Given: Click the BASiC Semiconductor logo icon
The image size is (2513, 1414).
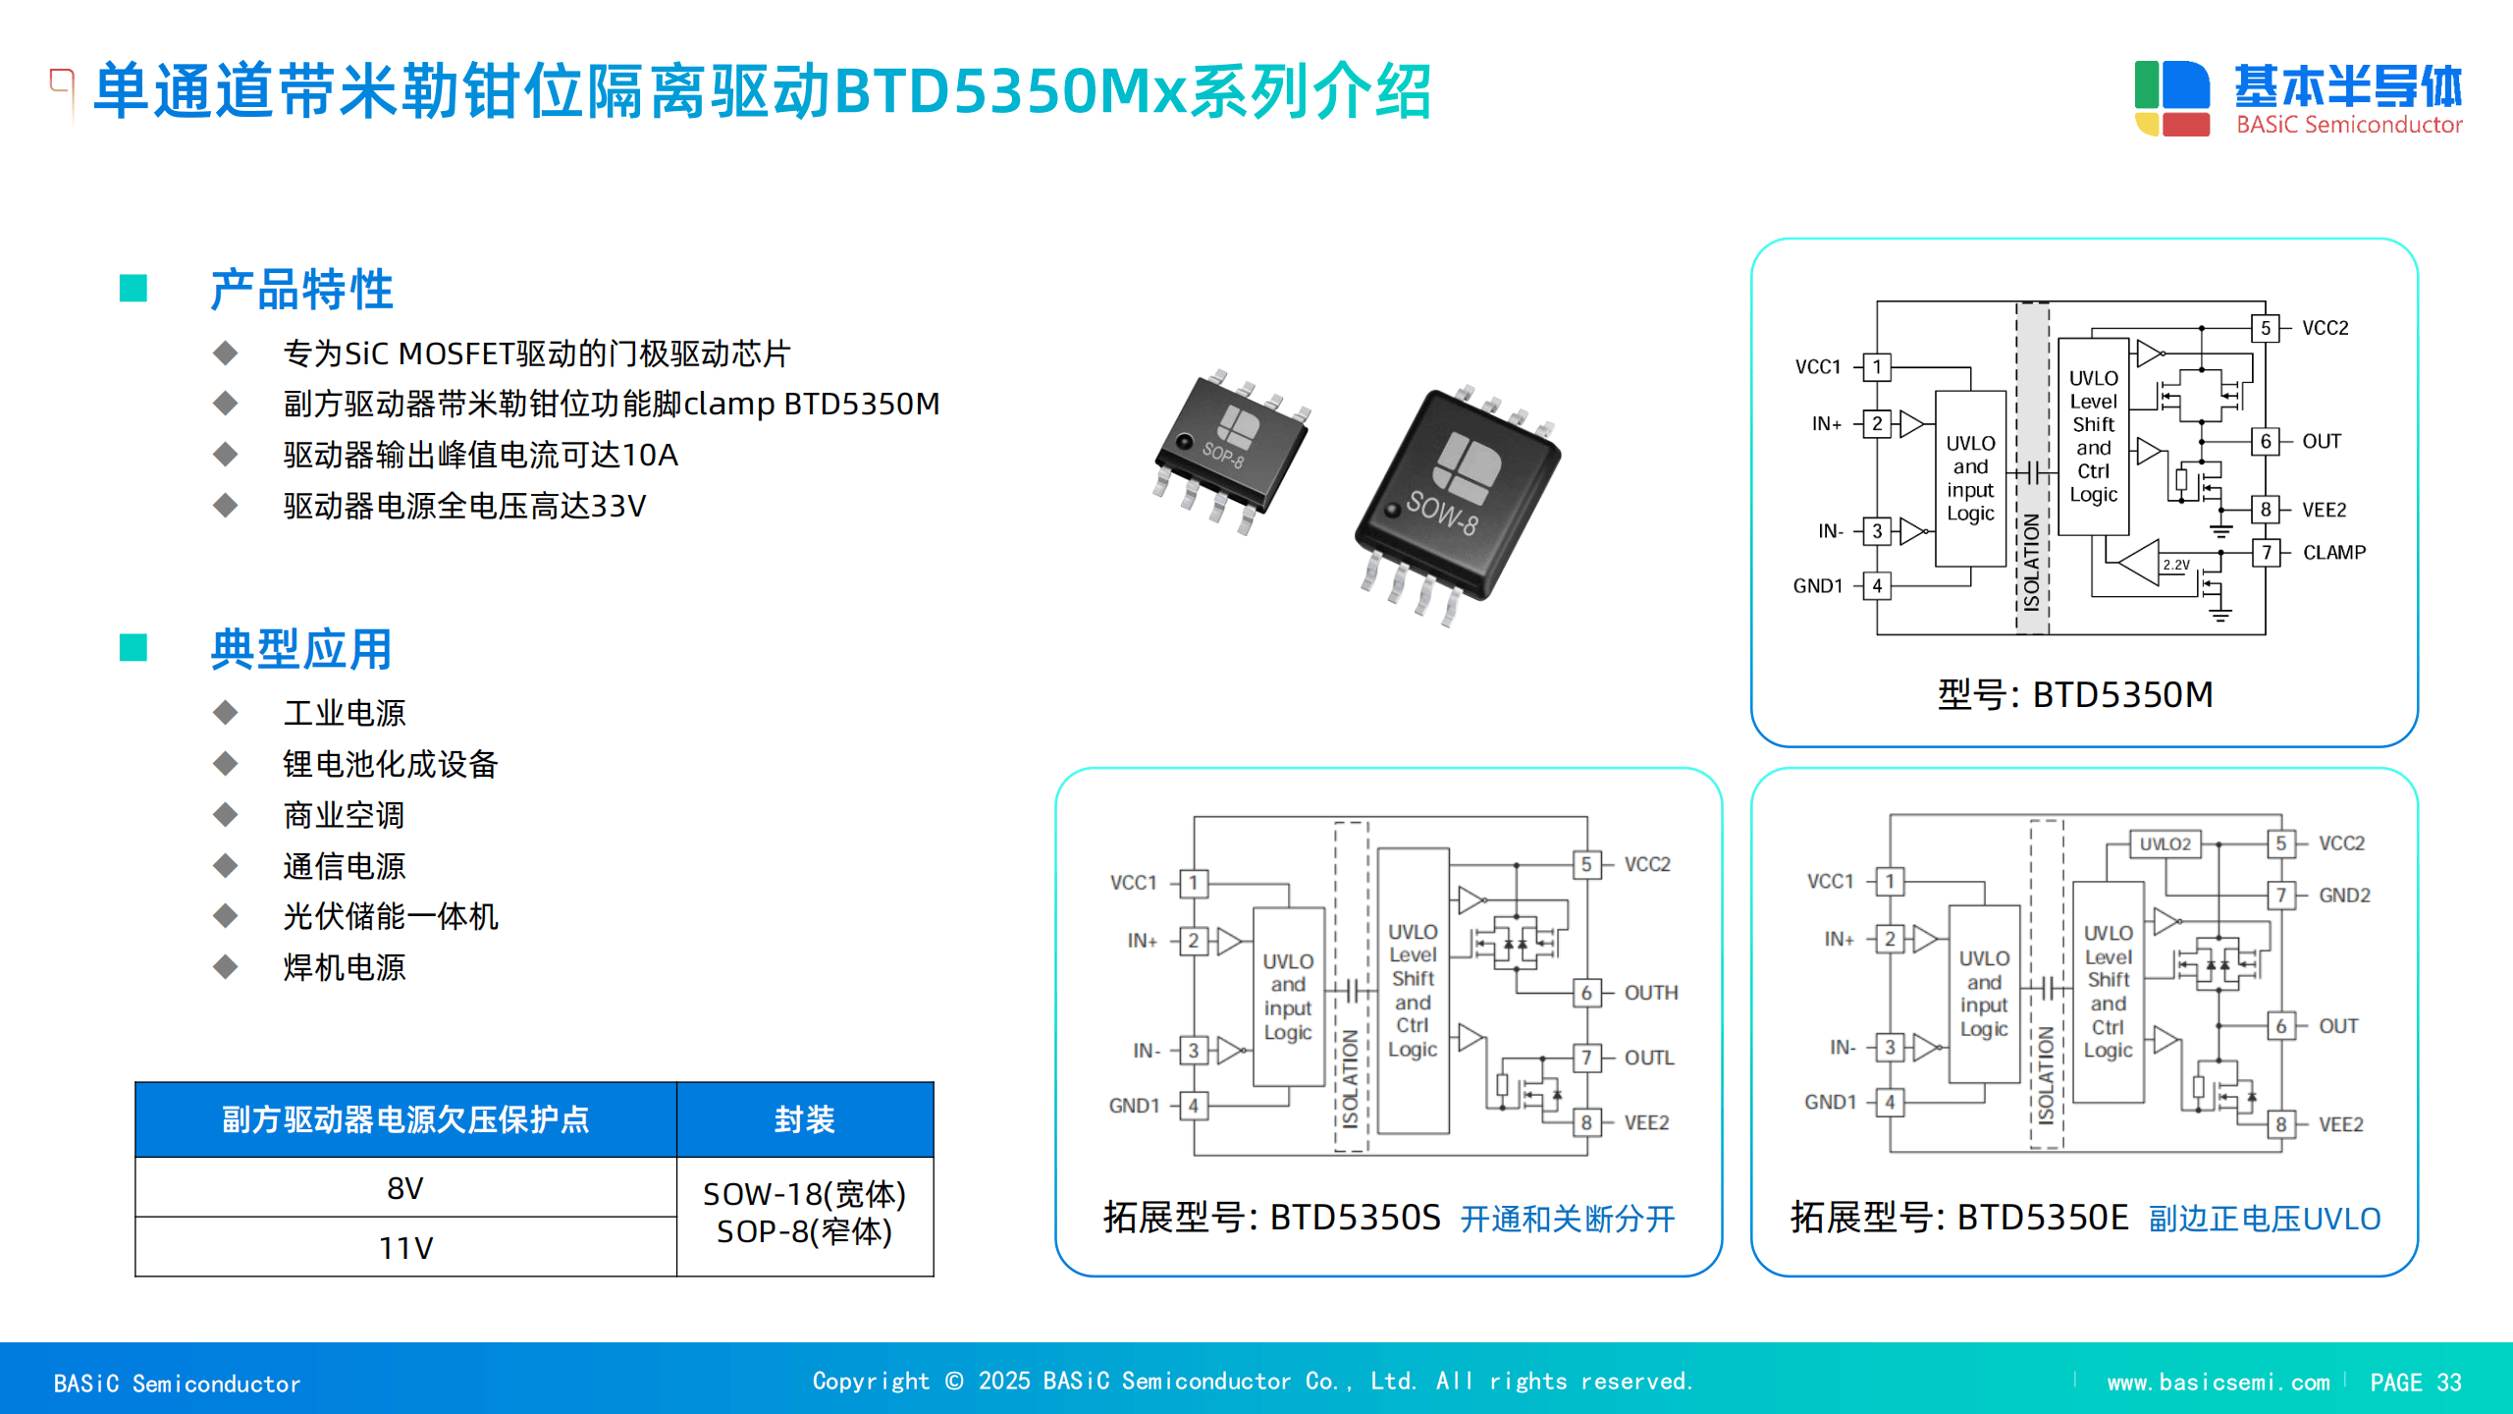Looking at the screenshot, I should [2171, 97].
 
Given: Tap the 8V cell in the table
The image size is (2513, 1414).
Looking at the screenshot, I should [405, 1188].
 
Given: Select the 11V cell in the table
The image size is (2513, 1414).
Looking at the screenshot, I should [405, 1247].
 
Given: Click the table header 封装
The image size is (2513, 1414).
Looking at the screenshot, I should [804, 1119].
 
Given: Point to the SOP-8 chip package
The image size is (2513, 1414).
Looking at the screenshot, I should [1232, 450].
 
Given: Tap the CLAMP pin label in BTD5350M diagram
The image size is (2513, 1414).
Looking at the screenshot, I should [2333, 553].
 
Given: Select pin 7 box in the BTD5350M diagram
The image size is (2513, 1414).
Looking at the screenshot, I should [2266, 553].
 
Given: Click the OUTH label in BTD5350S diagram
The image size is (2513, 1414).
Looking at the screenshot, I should [1650, 993].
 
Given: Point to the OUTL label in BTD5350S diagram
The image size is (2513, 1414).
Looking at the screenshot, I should [1648, 1058].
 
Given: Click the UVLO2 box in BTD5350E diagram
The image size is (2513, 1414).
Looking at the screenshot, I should [2165, 843].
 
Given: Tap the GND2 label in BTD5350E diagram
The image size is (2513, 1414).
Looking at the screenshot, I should [2344, 896].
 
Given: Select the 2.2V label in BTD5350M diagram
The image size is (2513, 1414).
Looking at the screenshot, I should [2175, 566].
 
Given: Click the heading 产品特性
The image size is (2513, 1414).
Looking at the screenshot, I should [301, 290].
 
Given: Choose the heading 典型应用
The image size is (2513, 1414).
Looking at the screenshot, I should [301, 649].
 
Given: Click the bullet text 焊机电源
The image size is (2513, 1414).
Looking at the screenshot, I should [344, 967].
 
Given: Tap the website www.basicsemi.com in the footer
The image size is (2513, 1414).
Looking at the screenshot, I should [2218, 1383].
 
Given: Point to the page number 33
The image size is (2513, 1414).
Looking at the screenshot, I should [2448, 1383].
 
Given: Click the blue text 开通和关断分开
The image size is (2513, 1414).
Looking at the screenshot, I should [1567, 1219].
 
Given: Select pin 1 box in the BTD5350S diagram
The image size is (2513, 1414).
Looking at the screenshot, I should [1194, 883].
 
